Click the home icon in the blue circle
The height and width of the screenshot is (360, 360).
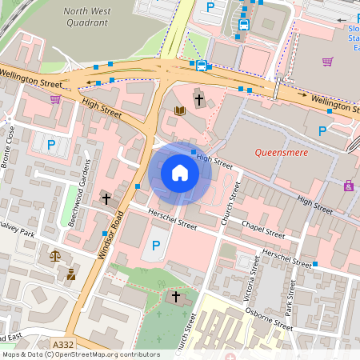click(x=179, y=173)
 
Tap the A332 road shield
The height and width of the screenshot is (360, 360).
click(x=61, y=344)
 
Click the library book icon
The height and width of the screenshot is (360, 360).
click(x=180, y=110)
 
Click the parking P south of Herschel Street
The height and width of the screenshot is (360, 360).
click(x=156, y=246)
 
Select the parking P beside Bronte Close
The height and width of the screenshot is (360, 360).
click(x=51, y=145)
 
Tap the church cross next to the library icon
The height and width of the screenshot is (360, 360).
click(x=198, y=101)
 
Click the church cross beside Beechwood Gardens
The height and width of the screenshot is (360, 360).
click(x=105, y=198)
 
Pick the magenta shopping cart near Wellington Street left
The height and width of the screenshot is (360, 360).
click(x=55, y=99)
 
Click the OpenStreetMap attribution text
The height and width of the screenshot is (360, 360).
click(x=81, y=354)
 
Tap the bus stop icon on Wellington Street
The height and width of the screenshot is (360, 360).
click(x=201, y=66)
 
